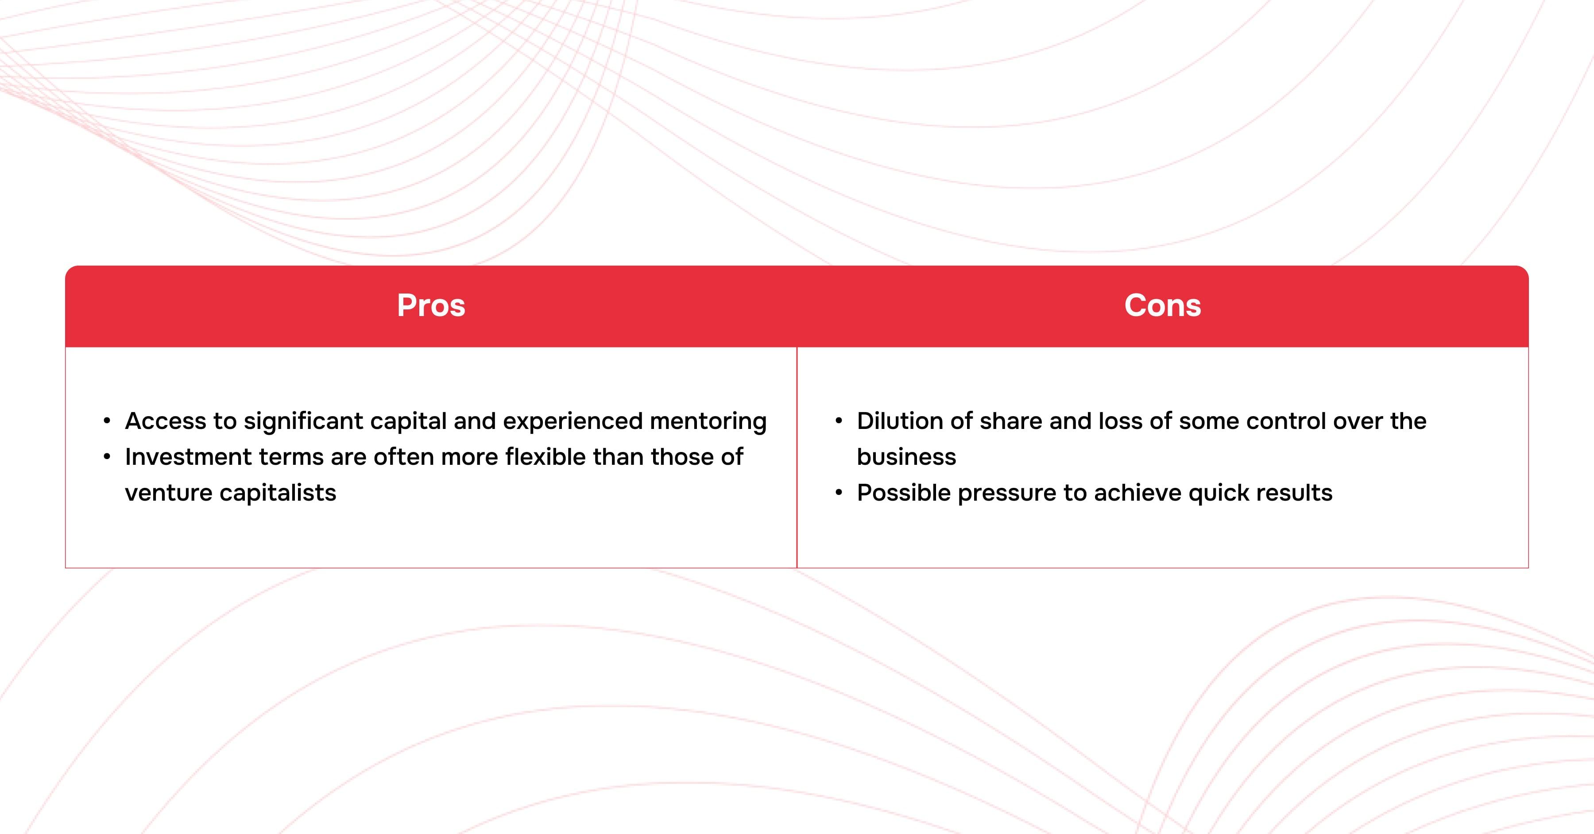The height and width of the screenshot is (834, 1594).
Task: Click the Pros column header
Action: [431, 305]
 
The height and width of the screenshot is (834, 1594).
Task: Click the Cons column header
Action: [1163, 305]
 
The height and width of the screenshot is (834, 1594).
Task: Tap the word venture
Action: [168, 493]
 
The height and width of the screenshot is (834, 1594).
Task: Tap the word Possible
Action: [903, 493]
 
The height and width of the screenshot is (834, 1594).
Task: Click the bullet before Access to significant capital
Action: [107, 421]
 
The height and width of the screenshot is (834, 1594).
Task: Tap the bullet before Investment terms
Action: [107, 457]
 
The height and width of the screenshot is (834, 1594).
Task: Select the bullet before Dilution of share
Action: [839, 421]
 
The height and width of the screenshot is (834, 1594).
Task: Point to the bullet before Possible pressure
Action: [839, 493]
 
